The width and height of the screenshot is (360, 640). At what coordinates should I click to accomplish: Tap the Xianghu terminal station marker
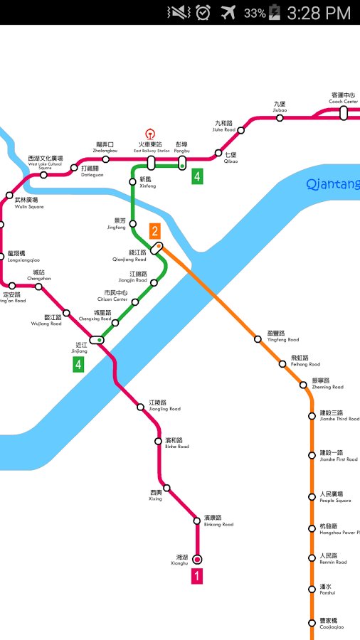pyautogui.click(x=197, y=559)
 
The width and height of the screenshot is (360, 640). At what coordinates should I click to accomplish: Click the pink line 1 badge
pyautogui.click(x=197, y=577)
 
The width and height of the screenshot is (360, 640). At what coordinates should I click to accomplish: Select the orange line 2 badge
pyautogui.click(x=154, y=230)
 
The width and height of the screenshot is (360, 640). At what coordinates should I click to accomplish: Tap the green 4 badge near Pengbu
pyautogui.click(x=197, y=176)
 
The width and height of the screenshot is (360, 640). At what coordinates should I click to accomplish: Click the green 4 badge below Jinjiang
pyautogui.click(x=78, y=365)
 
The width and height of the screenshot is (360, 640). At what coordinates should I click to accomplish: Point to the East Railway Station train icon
pyautogui.click(x=150, y=133)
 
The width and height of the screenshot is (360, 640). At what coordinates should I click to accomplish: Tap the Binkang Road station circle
pyautogui.click(x=197, y=521)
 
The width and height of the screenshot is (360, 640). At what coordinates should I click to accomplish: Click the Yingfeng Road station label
pyautogui.click(x=282, y=336)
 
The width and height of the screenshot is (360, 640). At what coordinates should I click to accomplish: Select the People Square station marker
pyautogui.click(x=312, y=496)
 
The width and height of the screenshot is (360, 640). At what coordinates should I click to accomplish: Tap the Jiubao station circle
pyautogui.click(x=280, y=118)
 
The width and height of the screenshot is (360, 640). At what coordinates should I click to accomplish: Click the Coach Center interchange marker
pyautogui.click(x=344, y=113)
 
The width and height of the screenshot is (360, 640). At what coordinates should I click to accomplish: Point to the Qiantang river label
pyautogui.click(x=332, y=185)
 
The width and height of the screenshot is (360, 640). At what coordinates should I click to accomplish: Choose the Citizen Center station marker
pyautogui.click(x=135, y=302)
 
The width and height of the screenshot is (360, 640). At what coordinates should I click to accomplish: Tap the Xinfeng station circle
pyautogui.click(x=132, y=182)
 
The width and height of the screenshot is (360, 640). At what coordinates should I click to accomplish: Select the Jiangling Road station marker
pyautogui.click(x=141, y=407)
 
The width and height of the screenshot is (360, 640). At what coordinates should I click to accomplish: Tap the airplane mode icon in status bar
pyautogui.click(x=228, y=12)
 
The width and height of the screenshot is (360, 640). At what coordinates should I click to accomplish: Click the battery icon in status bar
pyautogui.click(x=275, y=12)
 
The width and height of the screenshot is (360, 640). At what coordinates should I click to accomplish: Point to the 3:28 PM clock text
pyautogui.click(x=319, y=13)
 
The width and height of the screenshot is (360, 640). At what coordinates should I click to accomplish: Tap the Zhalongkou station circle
pyautogui.click(x=105, y=158)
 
